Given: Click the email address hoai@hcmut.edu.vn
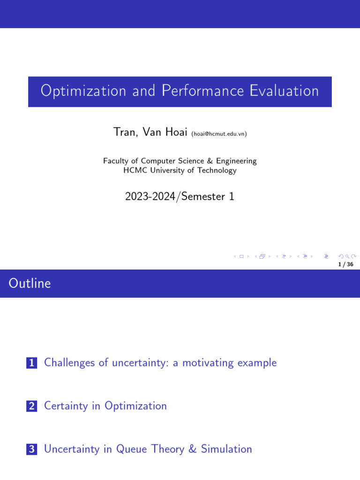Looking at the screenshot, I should click(x=219, y=134).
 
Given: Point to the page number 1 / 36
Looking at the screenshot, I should click(x=345, y=264).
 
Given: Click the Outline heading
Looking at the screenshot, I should click(x=30, y=283).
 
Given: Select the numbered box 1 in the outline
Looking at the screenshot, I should click(x=32, y=363).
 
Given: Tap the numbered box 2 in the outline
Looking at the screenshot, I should click(x=32, y=406).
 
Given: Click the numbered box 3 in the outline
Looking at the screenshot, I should click(x=32, y=450).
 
